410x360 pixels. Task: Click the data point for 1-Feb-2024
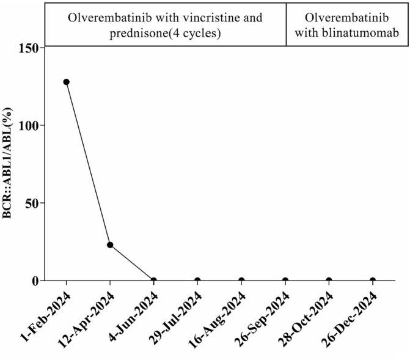click(66, 82)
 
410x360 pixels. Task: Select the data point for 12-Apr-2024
click(110, 244)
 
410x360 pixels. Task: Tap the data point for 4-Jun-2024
click(153, 281)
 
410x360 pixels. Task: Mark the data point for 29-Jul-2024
click(197, 281)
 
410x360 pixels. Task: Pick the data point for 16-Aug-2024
click(241, 281)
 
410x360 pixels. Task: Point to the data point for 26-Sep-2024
click(285, 281)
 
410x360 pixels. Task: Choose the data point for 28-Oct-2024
click(329, 281)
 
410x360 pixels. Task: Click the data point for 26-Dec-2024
click(373, 281)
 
